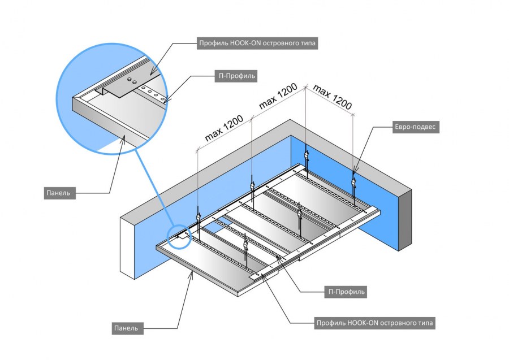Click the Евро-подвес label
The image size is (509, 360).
click(x=415, y=127)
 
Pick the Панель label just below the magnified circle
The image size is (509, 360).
click(x=59, y=193)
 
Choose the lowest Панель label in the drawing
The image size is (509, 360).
click(x=127, y=327)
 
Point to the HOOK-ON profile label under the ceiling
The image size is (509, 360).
click(x=376, y=323)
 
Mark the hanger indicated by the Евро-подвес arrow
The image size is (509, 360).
click(x=355, y=181)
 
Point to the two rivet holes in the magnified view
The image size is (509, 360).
click(x=132, y=80)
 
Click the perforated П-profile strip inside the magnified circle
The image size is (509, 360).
click(x=152, y=93)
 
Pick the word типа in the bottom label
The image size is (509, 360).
click(x=425, y=323)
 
